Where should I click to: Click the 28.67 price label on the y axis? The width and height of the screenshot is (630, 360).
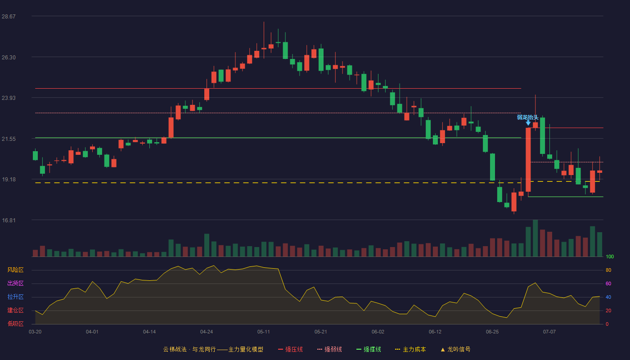(x=9, y=17)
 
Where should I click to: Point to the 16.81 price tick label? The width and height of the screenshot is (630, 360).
(x=9, y=220)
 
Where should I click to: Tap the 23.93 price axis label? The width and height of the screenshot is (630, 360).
(x=9, y=98)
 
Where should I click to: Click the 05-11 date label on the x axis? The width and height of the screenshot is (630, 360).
(x=264, y=332)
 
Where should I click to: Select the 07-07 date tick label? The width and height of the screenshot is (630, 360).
(x=549, y=332)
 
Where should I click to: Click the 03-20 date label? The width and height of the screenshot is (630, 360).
(x=35, y=332)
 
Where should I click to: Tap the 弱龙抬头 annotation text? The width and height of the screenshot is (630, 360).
(x=527, y=117)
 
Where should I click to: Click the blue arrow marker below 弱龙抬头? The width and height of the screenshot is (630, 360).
(x=528, y=123)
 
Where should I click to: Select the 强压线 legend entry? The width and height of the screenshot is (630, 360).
(x=290, y=349)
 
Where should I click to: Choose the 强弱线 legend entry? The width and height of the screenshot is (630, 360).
(x=329, y=349)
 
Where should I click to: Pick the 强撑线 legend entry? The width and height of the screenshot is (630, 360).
(x=369, y=349)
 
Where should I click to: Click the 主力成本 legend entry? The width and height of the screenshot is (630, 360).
(x=410, y=349)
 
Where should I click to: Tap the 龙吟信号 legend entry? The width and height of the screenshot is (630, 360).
(x=455, y=349)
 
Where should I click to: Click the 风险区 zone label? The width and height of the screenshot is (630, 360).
(x=15, y=270)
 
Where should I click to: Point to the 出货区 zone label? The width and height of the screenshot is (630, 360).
(x=15, y=283)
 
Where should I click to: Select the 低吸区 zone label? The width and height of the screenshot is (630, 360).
(x=15, y=324)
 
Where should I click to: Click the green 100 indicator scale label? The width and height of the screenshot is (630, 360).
(x=610, y=256)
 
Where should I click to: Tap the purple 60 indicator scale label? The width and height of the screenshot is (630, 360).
(x=608, y=283)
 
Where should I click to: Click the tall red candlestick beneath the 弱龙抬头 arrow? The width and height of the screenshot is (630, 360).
(x=528, y=159)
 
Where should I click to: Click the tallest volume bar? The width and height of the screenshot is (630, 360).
(x=535, y=238)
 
